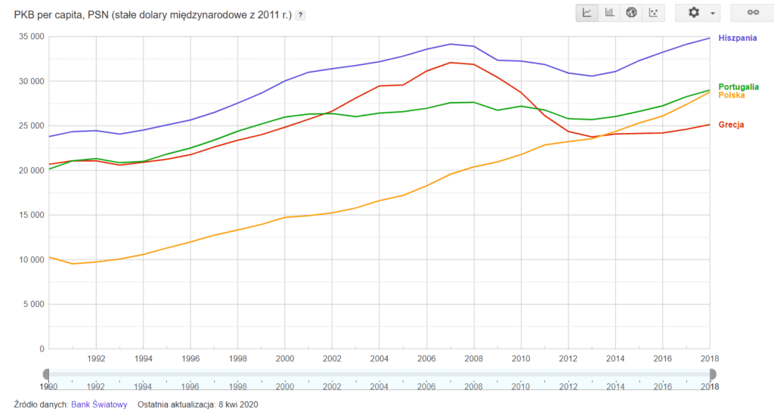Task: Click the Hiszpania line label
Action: point(738,38)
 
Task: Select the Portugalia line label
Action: point(738,87)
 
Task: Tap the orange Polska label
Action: point(731,95)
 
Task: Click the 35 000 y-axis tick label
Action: point(30,36)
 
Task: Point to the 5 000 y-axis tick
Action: point(33,305)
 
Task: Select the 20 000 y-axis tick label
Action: point(30,171)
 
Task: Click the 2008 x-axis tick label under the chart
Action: point(473,359)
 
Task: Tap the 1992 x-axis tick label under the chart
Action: point(96,359)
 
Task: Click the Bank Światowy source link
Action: point(98,404)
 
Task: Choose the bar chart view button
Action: point(609,13)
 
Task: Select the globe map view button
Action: point(632,13)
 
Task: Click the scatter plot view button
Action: point(655,13)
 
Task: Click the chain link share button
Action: point(752,13)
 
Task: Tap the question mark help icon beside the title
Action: point(301,15)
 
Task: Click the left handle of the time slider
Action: point(47,373)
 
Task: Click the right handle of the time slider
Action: point(712,373)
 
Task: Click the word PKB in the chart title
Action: point(25,14)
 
